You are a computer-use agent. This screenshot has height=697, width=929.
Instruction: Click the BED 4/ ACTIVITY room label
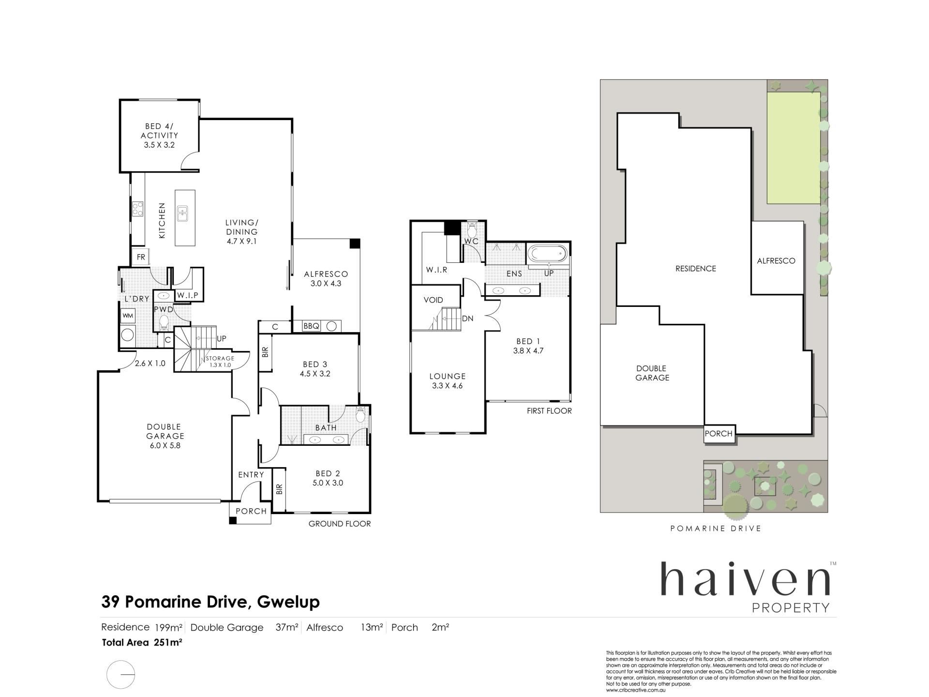[x=159, y=136]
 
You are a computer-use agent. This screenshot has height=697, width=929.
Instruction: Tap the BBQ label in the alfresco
[x=311, y=326]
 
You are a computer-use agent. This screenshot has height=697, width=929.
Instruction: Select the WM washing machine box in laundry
[x=128, y=316]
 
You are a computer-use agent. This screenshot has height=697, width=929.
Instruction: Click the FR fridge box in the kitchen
[x=141, y=257]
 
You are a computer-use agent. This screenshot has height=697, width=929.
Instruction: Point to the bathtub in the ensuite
[x=547, y=253]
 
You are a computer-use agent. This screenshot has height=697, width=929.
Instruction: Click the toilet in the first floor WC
[x=472, y=230]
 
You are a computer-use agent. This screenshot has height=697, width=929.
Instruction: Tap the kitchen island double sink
[x=182, y=213]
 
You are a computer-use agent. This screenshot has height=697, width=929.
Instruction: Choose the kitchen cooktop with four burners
[x=137, y=209]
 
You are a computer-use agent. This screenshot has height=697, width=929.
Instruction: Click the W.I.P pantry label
[x=187, y=295]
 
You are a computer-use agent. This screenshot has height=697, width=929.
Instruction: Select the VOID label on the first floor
[x=433, y=300]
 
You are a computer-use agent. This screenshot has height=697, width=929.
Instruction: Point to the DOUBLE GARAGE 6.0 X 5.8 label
[x=165, y=436]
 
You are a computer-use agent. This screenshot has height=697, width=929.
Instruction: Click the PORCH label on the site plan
[x=719, y=434]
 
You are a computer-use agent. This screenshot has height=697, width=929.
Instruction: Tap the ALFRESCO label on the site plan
[x=776, y=261]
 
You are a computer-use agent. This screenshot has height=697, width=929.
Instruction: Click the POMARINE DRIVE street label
[x=716, y=529]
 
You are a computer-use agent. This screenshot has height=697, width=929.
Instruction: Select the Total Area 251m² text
[x=142, y=643]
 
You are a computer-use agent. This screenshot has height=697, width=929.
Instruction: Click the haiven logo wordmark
[x=746, y=580]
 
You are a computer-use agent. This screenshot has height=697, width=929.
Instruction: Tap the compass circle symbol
[x=120, y=675]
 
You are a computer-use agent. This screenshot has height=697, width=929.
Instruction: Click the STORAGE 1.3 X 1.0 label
[x=220, y=362]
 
